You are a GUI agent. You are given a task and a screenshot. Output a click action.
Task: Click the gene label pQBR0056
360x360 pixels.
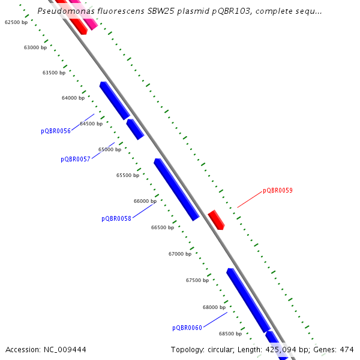click(56, 131)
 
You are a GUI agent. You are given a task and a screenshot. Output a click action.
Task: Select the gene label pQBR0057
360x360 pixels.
click(76, 159)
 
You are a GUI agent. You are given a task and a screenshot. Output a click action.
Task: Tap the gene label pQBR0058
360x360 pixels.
click(116, 218)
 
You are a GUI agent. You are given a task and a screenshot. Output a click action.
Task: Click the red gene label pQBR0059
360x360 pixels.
click(278, 191)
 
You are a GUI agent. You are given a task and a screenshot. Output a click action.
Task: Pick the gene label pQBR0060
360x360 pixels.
click(187, 328)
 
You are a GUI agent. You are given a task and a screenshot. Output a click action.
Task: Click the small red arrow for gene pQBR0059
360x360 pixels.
click(216, 220)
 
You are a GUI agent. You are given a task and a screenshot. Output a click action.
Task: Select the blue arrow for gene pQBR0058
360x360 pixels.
click(176, 190)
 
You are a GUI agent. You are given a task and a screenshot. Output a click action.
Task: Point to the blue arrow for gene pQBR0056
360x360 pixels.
click(115, 101)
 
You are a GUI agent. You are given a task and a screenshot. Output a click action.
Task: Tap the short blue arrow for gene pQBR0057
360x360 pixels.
click(135, 129)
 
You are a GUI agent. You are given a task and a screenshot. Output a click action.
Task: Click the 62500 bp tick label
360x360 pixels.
click(16, 22)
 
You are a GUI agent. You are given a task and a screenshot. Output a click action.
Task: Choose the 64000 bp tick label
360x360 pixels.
click(73, 98)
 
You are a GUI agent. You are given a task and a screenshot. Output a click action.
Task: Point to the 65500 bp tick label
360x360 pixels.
click(128, 175)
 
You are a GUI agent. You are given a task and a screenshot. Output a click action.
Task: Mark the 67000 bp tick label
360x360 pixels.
click(180, 254)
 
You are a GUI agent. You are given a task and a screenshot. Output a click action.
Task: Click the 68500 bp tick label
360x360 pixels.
click(230, 334)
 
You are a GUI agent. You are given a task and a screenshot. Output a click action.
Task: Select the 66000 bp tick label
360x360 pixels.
click(145, 201)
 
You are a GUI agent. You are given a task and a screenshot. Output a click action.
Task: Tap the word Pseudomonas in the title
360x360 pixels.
click(63, 11)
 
